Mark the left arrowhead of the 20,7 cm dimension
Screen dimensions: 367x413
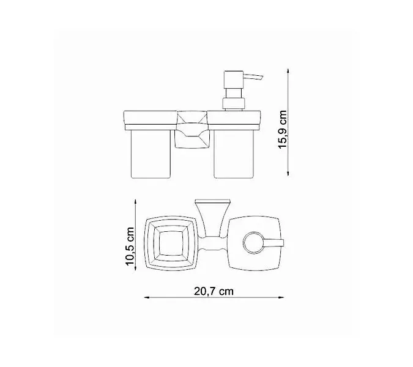146,297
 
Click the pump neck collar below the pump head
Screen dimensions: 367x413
234,100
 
